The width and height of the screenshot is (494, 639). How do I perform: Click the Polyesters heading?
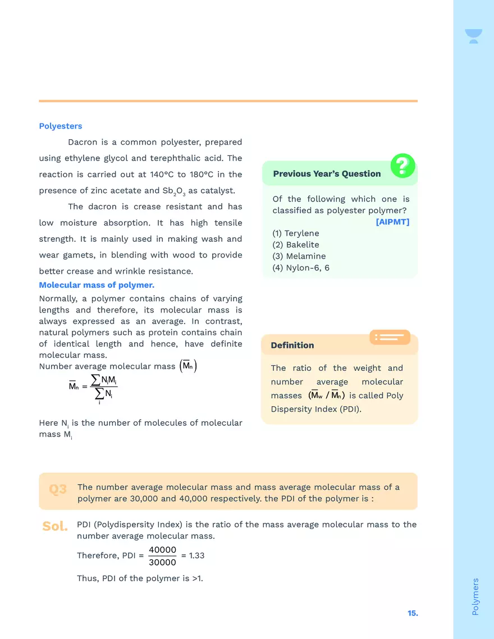pos(61,126)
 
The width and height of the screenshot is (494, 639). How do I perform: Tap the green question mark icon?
pos(402,166)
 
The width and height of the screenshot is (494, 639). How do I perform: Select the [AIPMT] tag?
pos(392,222)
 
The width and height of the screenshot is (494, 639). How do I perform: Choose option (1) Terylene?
pos(296,233)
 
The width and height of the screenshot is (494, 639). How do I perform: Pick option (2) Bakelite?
pos(296,245)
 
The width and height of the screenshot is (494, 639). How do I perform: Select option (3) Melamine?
pos(299,256)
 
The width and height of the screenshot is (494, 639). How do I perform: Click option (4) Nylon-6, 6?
pos(301,268)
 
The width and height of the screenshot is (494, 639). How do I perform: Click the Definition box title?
pos(292,346)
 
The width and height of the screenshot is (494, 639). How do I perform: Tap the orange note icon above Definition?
pos(390,337)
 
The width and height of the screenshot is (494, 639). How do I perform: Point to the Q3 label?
pos(58,489)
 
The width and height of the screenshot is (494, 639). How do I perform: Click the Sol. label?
pos(55,526)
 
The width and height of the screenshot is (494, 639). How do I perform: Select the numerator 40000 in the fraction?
pos(163,550)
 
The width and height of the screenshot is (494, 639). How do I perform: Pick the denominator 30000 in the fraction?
pos(163,562)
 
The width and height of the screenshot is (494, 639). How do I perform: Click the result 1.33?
pos(197,555)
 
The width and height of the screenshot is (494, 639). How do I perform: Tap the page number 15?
pos(413,613)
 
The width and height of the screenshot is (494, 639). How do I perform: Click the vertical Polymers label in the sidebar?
pos(475,596)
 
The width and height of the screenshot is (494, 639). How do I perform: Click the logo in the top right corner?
pos(473,36)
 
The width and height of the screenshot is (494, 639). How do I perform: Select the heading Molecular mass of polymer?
pos(97,285)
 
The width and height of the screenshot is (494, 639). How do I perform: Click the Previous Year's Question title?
pos(327,174)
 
